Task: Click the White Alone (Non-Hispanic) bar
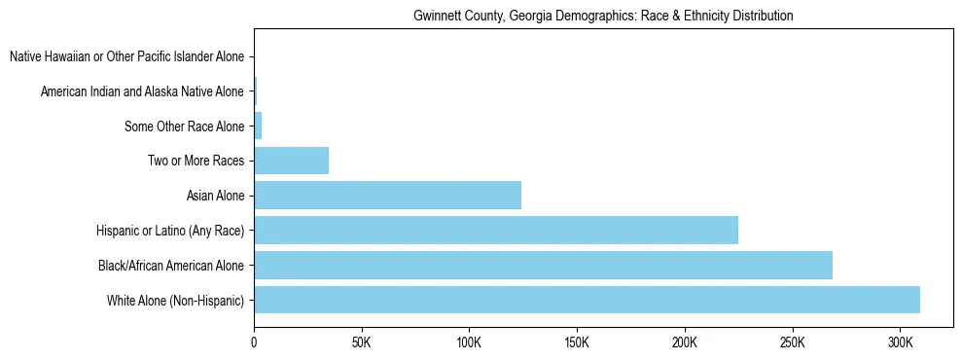click(x=587, y=300)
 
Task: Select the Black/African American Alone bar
click(x=543, y=265)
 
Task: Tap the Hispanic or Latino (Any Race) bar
click(x=496, y=231)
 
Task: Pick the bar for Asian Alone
click(x=387, y=196)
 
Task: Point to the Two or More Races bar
click(x=291, y=161)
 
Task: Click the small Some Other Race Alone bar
click(x=258, y=126)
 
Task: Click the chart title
click(x=603, y=17)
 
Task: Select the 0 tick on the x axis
click(x=254, y=343)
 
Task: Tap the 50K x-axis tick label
click(x=361, y=343)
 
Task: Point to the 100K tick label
click(x=469, y=343)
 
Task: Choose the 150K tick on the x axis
click(x=577, y=343)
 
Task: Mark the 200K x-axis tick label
click(x=685, y=343)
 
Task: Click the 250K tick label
click(x=793, y=343)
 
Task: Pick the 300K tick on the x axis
click(x=901, y=343)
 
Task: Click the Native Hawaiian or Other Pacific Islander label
click(x=126, y=56)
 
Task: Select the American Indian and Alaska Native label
click(x=142, y=91)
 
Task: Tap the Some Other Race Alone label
click(x=185, y=126)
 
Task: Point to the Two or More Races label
click(x=196, y=161)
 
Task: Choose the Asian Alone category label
click(x=215, y=196)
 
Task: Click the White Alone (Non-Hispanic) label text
click(x=176, y=300)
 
